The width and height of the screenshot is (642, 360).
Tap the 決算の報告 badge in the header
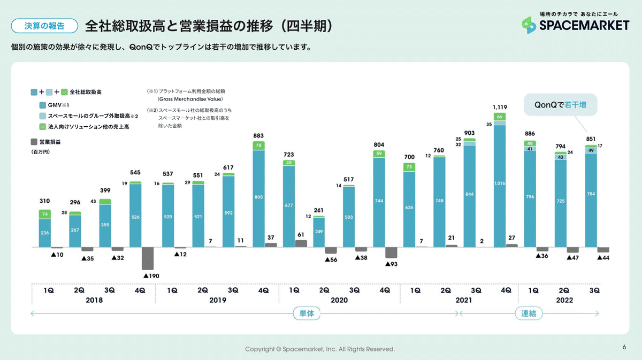(45, 25)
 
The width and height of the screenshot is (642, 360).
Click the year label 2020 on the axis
(339, 301)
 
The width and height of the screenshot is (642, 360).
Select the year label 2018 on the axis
(94, 301)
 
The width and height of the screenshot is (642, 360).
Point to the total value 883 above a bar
(258, 136)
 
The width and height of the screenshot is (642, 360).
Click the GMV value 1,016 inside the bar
(499, 183)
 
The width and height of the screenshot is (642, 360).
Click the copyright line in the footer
(320, 349)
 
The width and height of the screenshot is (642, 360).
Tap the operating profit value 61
(301, 234)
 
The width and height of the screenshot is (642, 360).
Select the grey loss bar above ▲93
(392, 253)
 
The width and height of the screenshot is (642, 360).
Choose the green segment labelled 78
(258, 145)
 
